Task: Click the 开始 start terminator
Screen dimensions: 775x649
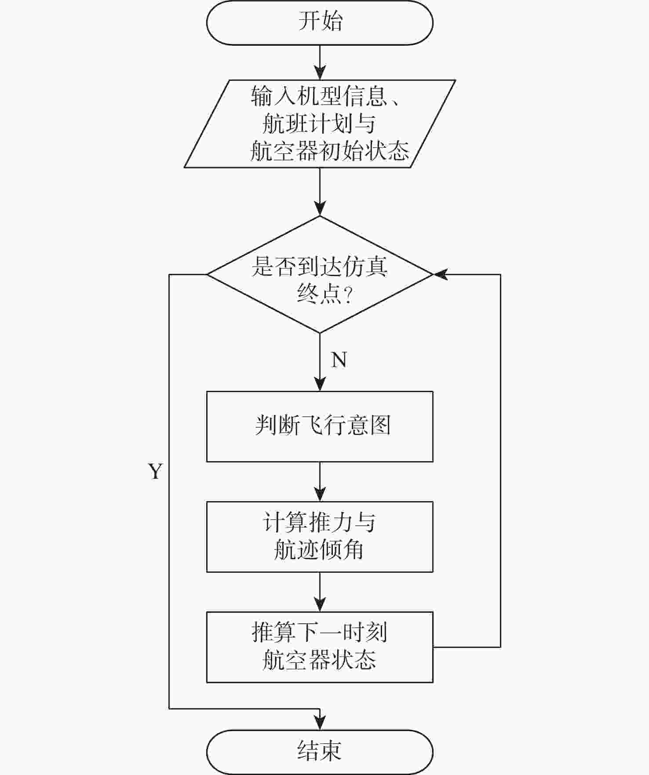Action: pos(320,22)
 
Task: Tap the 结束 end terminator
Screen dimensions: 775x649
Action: pos(320,752)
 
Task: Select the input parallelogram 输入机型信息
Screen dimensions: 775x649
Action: pos(320,124)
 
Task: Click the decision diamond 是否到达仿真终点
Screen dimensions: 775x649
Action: pos(320,275)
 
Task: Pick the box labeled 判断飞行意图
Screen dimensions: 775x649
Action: pos(320,426)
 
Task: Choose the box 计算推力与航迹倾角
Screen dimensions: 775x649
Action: pos(320,536)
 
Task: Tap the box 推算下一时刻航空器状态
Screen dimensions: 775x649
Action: pos(320,647)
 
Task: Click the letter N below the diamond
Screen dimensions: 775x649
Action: pos(339,360)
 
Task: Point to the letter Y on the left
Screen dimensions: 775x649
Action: pos(155,472)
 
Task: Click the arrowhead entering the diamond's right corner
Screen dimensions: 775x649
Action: pos(441,275)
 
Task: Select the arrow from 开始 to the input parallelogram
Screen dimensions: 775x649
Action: pos(320,62)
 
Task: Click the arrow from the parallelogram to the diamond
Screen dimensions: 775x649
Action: pos(320,192)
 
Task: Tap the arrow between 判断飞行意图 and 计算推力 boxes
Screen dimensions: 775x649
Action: pos(320,481)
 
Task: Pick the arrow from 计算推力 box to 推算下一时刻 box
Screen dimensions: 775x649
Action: pos(320,592)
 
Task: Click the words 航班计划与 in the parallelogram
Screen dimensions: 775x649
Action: pos(319,124)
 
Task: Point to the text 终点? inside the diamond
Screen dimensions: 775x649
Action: pos(324,293)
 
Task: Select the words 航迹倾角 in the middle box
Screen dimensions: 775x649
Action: pos(319,550)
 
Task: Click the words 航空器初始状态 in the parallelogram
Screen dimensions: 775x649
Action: pos(329,151)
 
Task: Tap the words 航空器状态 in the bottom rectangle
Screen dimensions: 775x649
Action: pos(319,660)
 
